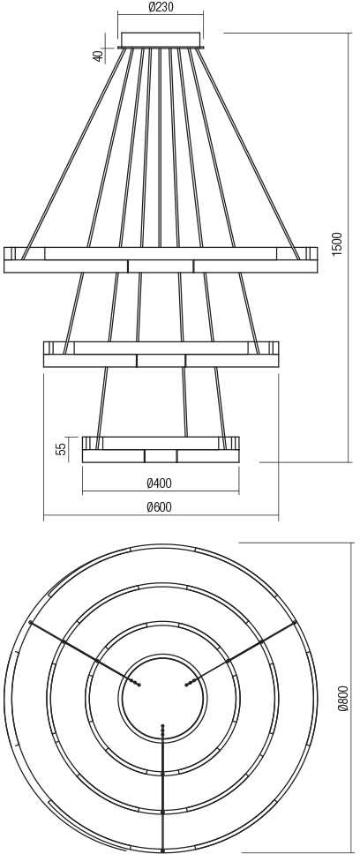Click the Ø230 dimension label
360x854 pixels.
161,8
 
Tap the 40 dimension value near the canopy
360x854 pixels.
98,56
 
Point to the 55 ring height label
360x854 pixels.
62,448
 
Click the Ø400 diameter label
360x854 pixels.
160,483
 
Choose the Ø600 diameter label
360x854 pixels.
160,507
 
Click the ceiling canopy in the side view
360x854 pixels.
161,41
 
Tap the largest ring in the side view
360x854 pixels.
161,259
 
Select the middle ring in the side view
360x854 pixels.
161,354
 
